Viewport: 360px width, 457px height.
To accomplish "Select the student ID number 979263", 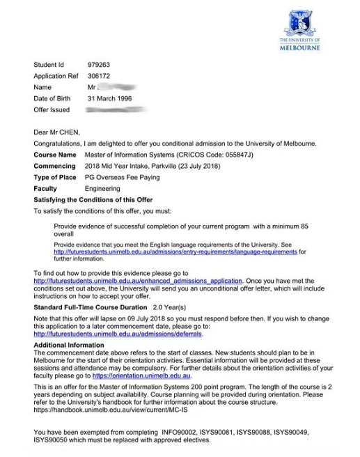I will coord(98,65).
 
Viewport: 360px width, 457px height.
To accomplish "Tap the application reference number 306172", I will coord(98,76).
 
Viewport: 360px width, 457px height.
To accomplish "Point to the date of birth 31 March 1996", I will coord(110,99).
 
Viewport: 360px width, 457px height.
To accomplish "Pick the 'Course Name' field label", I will coord(55,155).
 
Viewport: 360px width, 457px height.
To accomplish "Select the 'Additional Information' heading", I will coord(69,346).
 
